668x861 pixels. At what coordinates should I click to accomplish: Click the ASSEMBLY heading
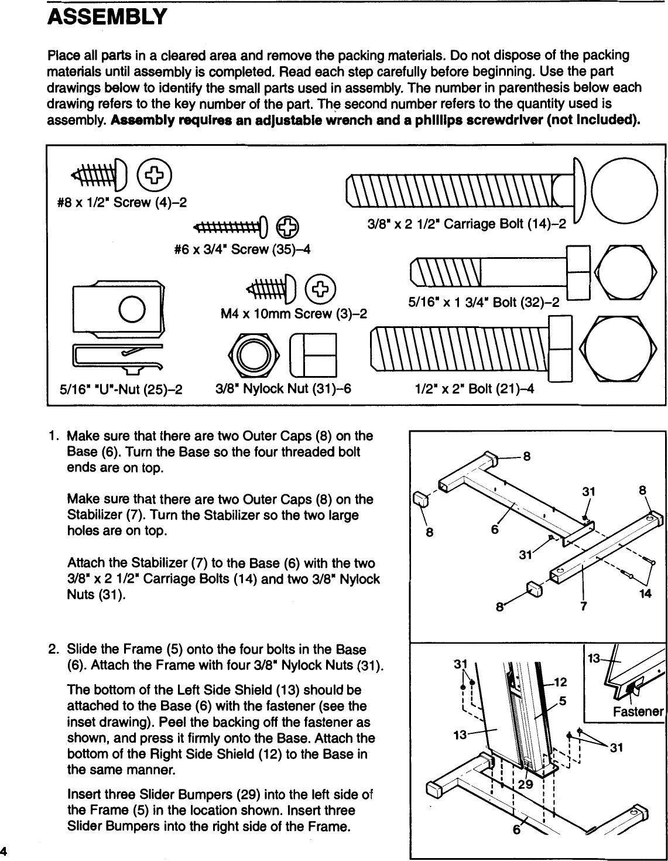(x=107, y=17)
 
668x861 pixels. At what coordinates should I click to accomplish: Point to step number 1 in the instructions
(x=53, y=436)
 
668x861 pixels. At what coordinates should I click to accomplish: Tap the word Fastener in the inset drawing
(x=638, y=712)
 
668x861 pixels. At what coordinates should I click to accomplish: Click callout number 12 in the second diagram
(x=560, y=681)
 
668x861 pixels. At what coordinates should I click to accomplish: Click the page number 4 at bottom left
(x=4, y=850)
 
